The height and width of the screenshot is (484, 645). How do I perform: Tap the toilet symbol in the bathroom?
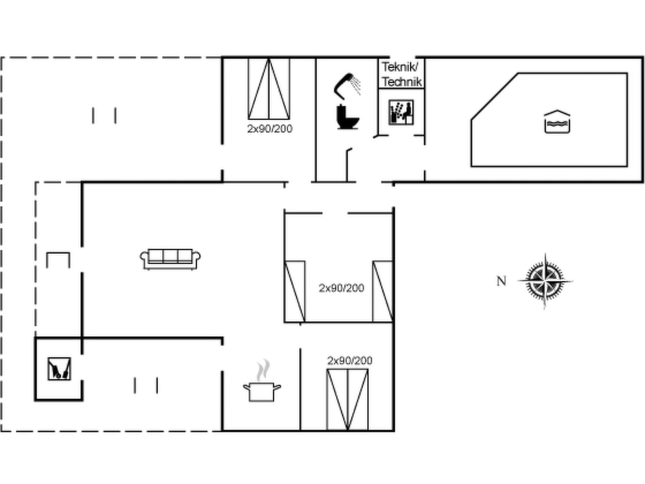347,117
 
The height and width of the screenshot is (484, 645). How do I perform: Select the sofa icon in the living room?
170,259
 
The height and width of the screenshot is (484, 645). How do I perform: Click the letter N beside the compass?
501,281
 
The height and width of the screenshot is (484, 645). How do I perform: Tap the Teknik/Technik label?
401,75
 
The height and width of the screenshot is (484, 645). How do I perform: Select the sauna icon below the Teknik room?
401,112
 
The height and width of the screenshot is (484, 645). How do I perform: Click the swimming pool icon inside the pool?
557,122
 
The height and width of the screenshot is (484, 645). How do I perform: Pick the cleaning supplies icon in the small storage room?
59,369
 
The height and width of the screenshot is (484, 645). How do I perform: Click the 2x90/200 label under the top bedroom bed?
270,129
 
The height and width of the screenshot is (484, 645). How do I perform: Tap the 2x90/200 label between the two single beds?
341,288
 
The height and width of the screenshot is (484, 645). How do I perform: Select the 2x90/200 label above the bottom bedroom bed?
350,360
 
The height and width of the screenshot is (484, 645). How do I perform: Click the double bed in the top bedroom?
269,89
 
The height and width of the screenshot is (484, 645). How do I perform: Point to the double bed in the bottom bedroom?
347,399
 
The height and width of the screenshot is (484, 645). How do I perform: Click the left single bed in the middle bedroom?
295,291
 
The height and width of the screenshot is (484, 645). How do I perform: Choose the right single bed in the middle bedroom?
383,291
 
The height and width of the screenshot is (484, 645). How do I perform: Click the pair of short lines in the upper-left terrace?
104,116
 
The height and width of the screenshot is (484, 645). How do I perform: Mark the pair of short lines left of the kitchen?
146,385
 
